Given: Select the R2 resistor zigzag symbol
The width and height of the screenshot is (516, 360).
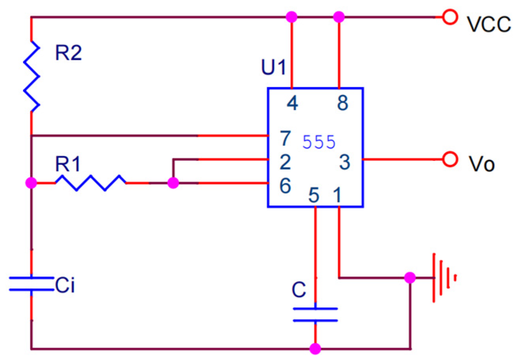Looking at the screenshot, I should click(31, 76).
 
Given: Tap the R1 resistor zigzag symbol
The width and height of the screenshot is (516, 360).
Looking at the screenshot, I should click(90, 183).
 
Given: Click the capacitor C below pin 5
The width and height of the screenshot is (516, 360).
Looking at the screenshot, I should click(315, 315).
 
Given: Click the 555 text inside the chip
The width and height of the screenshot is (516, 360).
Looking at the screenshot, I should click(319, 142).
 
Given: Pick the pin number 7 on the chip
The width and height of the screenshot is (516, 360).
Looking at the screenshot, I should click(285, 139).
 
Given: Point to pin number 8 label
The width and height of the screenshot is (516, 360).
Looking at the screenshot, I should click(343, 104).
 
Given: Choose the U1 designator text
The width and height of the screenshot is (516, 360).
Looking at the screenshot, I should click(273, 69).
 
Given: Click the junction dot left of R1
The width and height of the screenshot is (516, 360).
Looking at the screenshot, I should click(31, 183).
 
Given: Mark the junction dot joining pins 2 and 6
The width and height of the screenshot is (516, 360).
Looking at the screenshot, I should click(173, 183).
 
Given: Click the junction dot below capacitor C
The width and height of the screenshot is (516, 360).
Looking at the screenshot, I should click(315, 349).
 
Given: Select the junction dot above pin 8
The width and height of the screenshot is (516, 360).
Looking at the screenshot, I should click(339, 17).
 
